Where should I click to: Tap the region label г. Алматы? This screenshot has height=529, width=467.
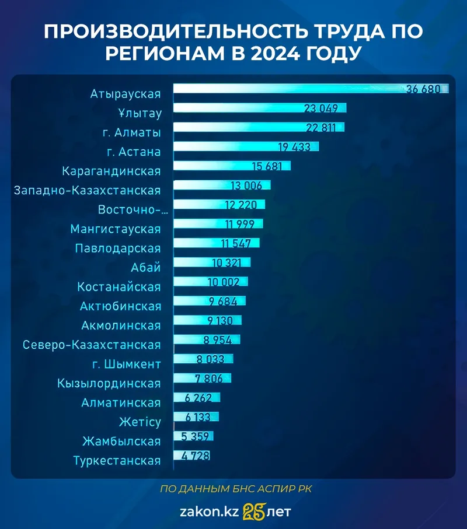click(x=131, y=132)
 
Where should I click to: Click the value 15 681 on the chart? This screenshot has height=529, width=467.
click(x=267, y=166)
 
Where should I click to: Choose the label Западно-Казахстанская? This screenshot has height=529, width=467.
click(x=87, y=190)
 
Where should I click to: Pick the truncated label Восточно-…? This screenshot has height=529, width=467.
click(x=130, y=209)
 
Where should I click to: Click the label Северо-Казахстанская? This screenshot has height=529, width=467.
click(x=92, y=345)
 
